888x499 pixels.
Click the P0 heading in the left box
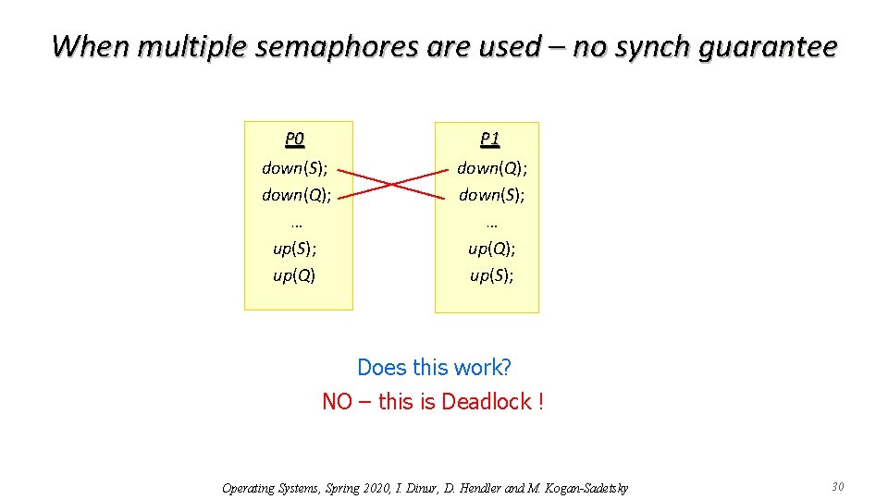click(x=294, y=140)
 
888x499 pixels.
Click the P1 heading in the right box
click(x=490, y=140)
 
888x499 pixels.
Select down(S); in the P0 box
click(x=295, y=168)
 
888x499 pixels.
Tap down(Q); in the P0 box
click(x=295, y=195)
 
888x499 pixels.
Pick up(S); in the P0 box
click(x=295, y=249)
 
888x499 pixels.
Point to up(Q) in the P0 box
click(x=294, y=275)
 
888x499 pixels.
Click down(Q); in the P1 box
click(x=490, y=168)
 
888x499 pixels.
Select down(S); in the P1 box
click(x=490, y=195)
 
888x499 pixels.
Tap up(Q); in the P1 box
click(x=491, y=249)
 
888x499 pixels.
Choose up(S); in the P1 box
click(x=491, y=275)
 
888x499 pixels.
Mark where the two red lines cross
click(x=393, y=183)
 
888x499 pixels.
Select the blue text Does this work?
click(x=434, y=367)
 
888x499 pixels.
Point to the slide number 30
click(x=838, y=487)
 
